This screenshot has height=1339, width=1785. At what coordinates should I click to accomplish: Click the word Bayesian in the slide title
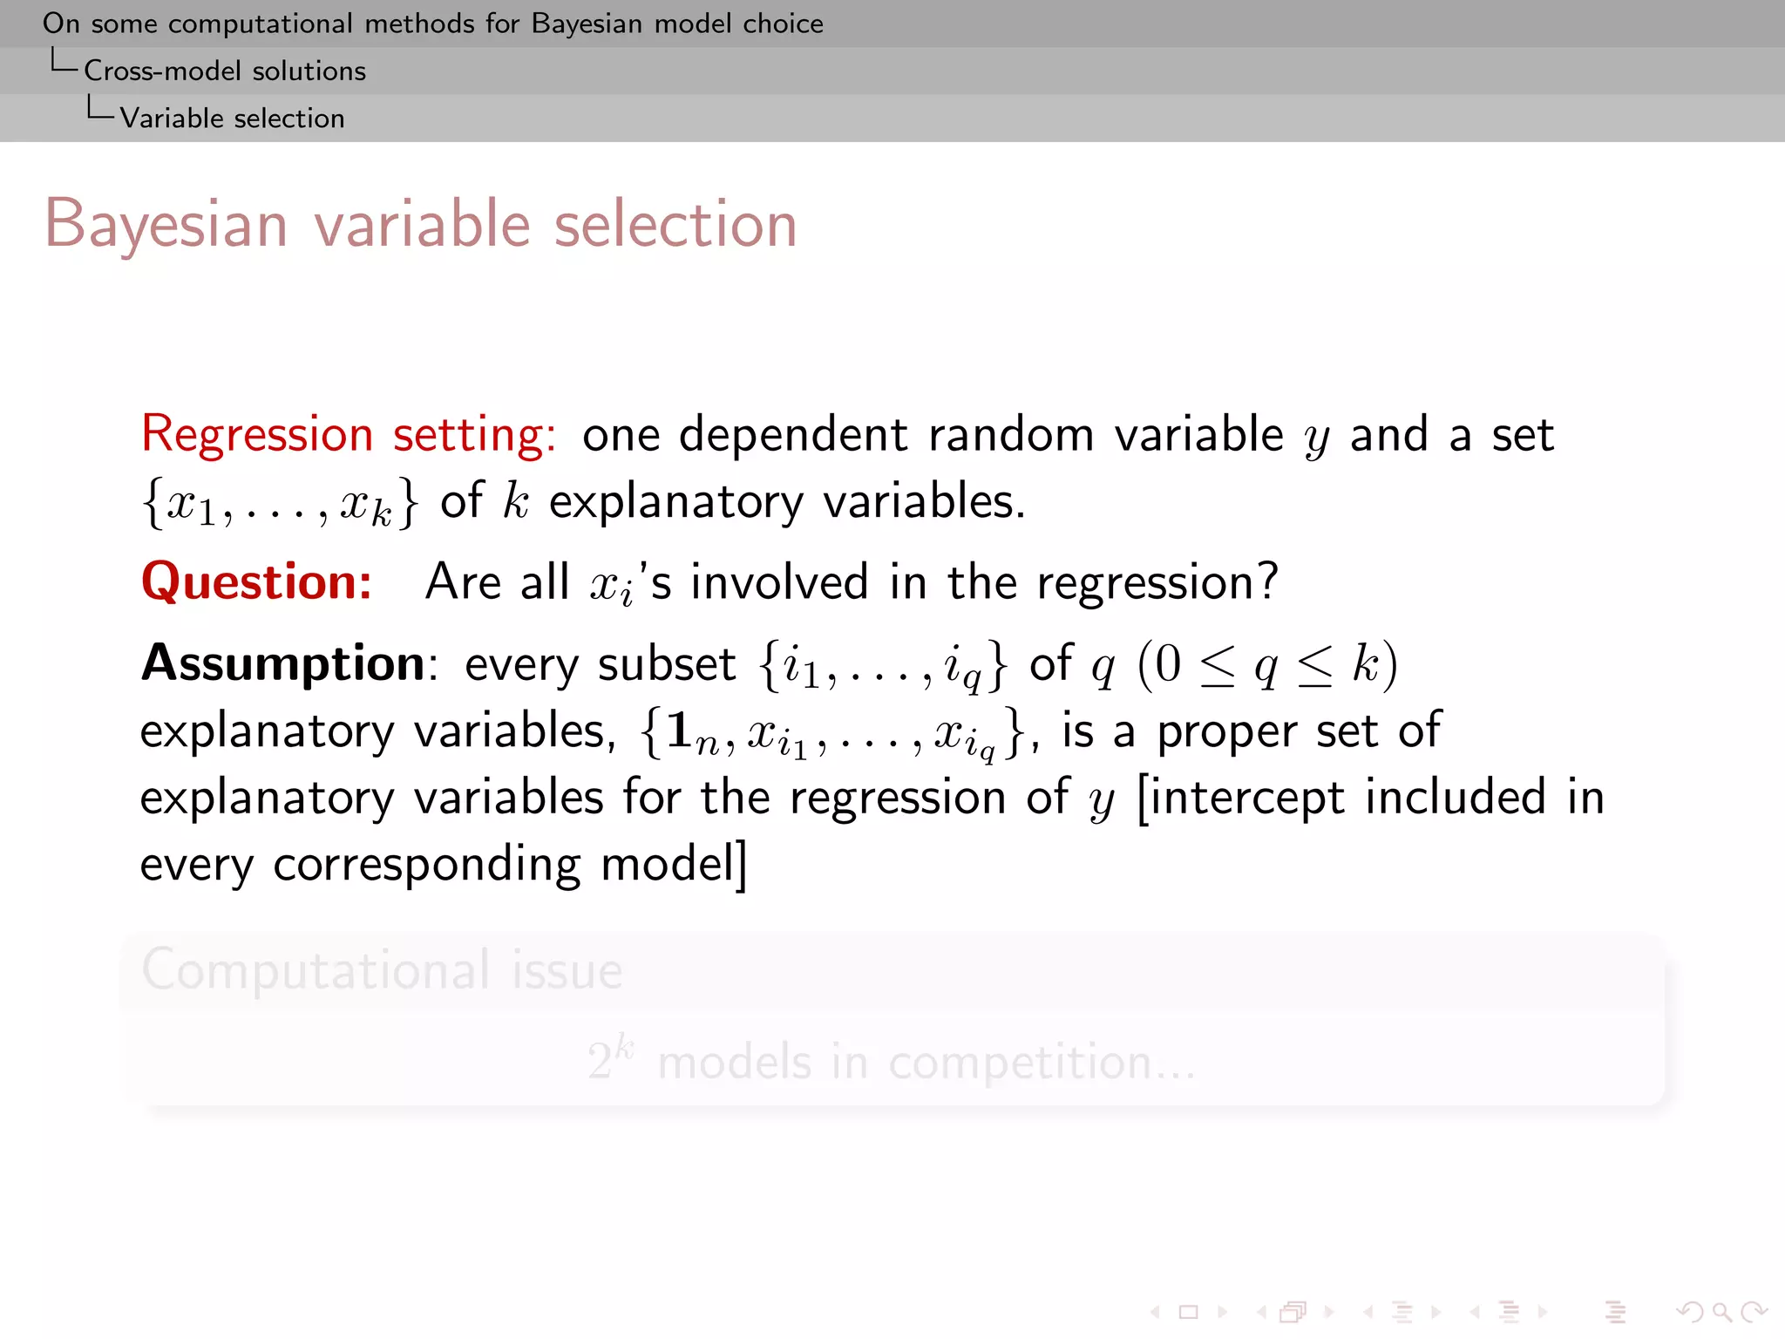166,225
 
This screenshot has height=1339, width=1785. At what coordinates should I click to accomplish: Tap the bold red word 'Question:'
256,581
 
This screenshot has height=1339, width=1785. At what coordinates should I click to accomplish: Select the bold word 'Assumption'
282,663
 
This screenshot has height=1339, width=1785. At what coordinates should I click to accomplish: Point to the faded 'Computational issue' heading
382,969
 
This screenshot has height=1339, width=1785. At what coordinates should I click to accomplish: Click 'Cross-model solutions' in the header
224,71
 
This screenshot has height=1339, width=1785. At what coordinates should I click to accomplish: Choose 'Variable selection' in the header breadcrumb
232,118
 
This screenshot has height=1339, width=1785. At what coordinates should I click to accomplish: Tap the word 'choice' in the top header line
783,24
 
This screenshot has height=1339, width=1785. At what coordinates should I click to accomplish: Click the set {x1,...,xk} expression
280,503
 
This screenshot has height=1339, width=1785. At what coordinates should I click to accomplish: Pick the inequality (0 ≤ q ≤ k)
1267,665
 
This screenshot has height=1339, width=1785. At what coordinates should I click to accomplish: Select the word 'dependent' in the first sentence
793,434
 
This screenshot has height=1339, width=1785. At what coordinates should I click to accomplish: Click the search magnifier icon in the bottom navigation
1721,1312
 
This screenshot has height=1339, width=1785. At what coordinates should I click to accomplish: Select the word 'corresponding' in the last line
426,865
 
